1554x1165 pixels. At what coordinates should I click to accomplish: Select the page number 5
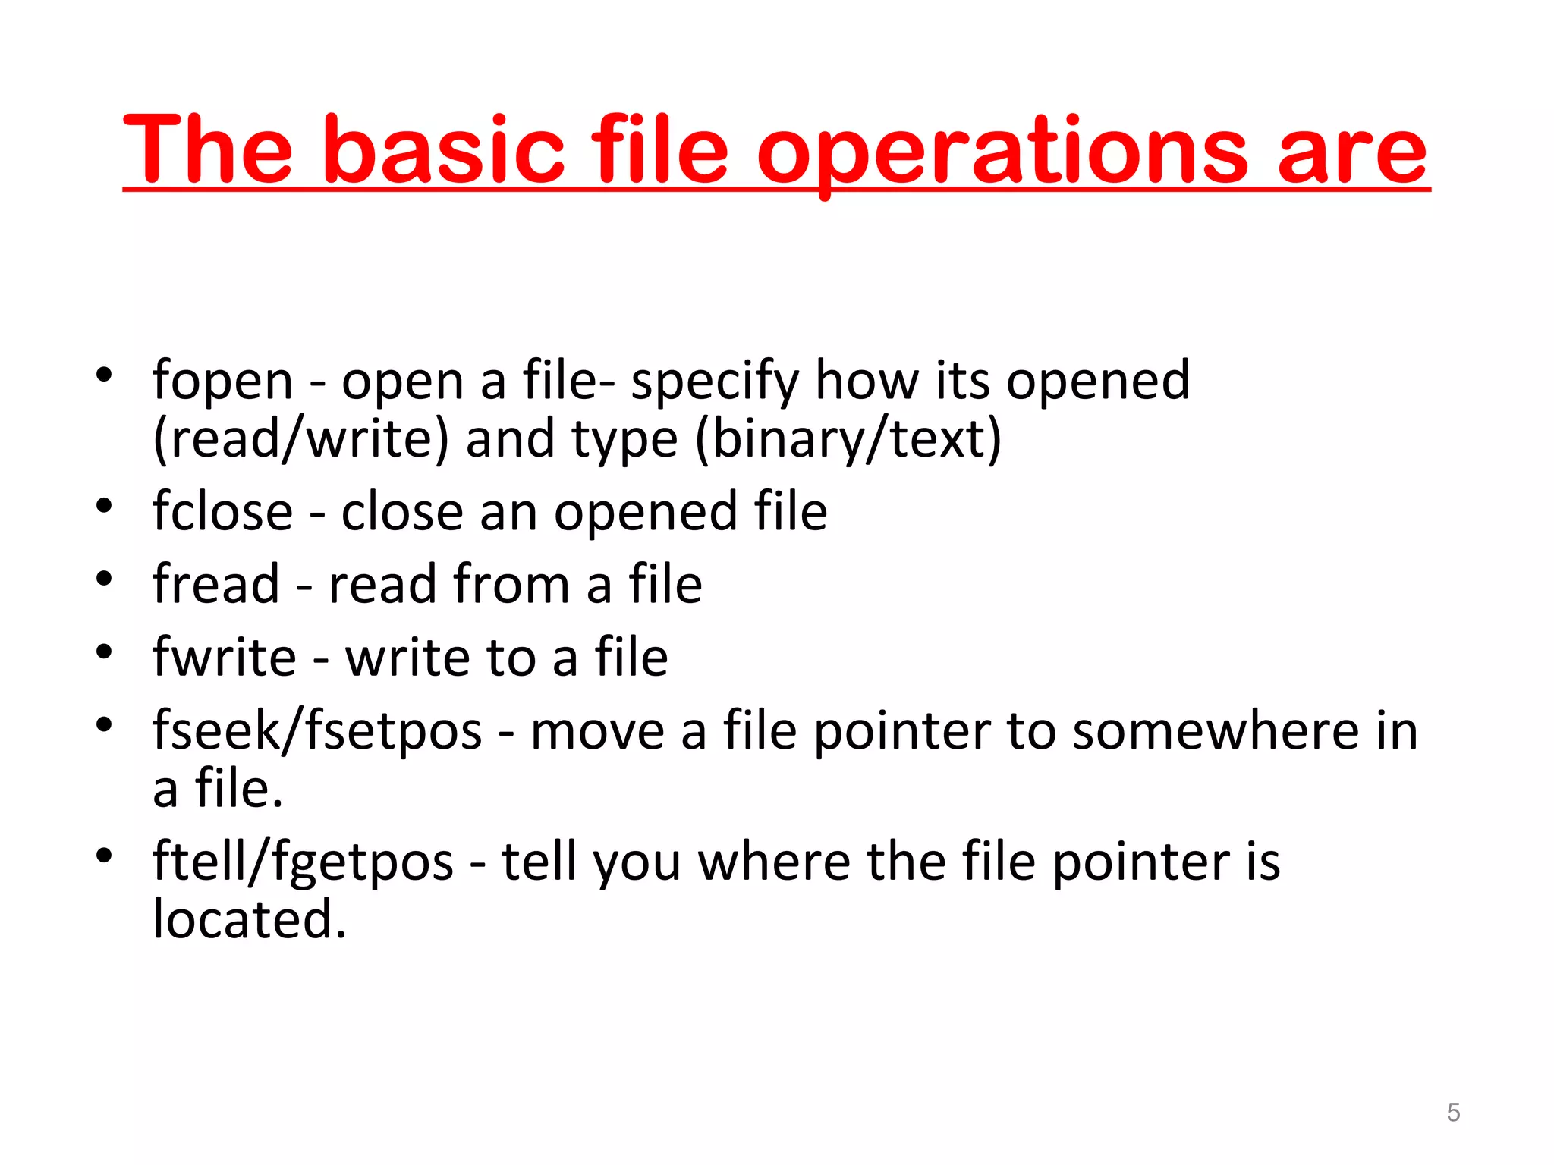click(1453, 1112)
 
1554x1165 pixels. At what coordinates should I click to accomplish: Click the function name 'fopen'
click(222, 381)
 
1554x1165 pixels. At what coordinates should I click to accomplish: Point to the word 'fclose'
click(222, 511)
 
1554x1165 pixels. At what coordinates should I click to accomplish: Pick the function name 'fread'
click(216, 584)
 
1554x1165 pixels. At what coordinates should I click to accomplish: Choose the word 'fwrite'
click(225, 657)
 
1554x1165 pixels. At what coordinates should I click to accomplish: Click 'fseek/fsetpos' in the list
click(317, 731)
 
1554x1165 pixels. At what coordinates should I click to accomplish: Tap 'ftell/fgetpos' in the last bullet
click(303, 862)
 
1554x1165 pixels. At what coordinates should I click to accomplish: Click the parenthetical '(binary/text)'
click(848, 439)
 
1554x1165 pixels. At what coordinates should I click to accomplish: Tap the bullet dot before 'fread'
click(105, 579)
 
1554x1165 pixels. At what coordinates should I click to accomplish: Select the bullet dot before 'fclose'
click(105, 506)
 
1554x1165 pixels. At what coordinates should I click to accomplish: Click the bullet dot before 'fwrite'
click(105, 652)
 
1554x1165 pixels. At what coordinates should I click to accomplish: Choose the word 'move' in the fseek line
click(597, 731)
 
